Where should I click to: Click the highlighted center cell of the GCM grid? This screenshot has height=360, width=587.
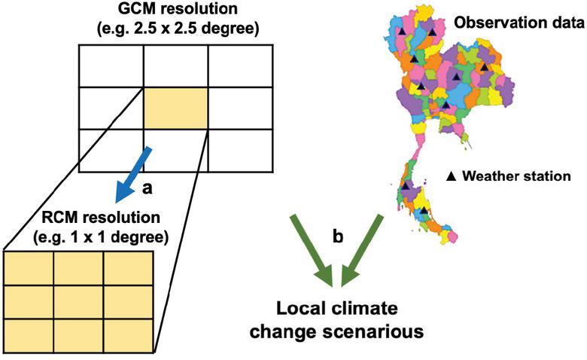(175, 108)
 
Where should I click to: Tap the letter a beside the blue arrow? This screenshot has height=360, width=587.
(148, 188)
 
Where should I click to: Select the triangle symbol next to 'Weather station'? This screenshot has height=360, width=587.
(452, 176)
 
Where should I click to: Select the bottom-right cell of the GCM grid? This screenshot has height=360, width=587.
(239, 149)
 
